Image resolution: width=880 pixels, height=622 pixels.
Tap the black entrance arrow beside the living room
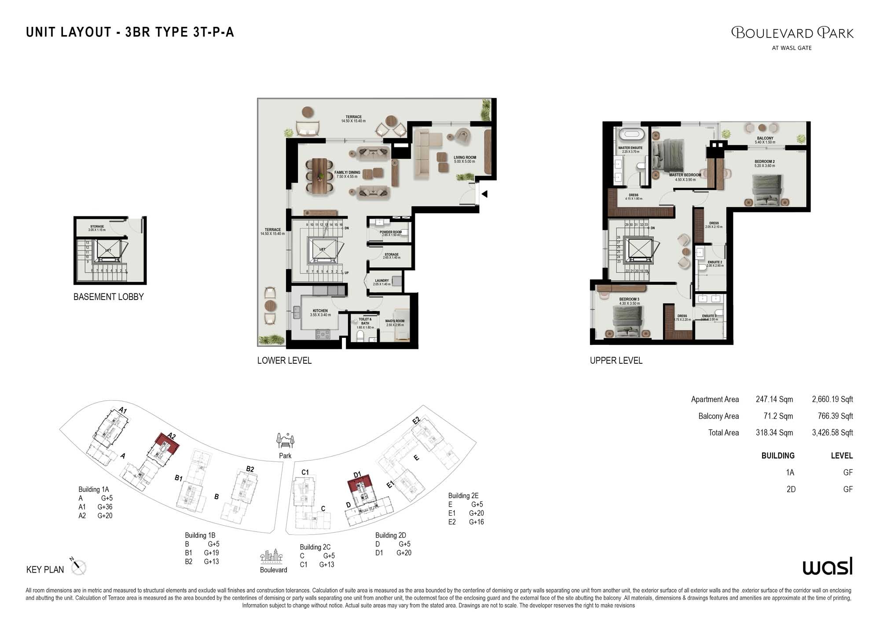coord(484,194)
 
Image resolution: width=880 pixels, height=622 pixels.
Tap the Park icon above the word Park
coord(285,440)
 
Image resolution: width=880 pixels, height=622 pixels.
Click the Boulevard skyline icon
coord(271,556)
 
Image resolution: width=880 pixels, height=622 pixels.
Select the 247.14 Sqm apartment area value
coord(774,399)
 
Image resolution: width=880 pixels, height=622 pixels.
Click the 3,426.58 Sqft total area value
coord(832,433)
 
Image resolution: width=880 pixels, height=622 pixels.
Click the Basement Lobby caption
coord(108,297)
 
